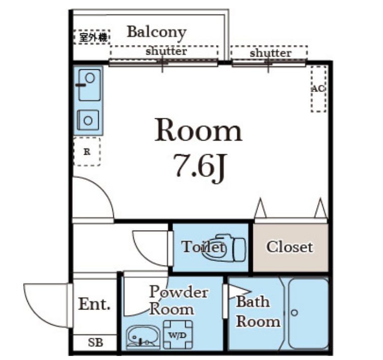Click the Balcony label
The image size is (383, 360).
[157, 32]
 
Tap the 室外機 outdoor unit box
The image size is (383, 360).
[92, 37]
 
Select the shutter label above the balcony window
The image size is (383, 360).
[166, 51]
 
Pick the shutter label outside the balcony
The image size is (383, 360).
[270, 53]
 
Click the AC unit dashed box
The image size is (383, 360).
[318, 88]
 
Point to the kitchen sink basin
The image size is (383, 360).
[90, 85]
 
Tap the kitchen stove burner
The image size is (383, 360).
[88, 120]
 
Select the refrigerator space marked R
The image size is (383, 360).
[87, 152]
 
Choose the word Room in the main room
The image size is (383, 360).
[198, 130]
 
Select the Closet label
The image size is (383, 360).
[290, 247]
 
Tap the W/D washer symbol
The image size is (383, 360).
[178, 335]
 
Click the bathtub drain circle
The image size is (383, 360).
[294, 312]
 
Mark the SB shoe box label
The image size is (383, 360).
[95, 343]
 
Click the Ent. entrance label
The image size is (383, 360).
[94, 304]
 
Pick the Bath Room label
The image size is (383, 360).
[258, 311]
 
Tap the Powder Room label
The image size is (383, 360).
[178, 300]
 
